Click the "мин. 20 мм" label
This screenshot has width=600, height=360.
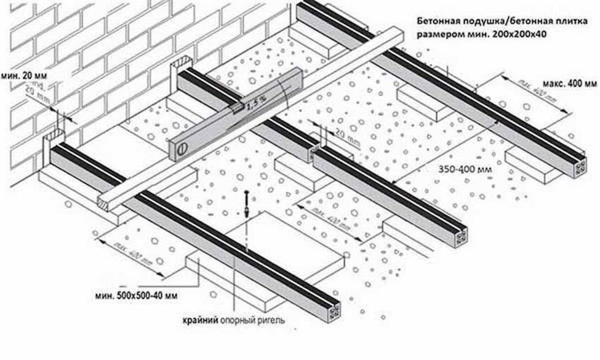(19, 75)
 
